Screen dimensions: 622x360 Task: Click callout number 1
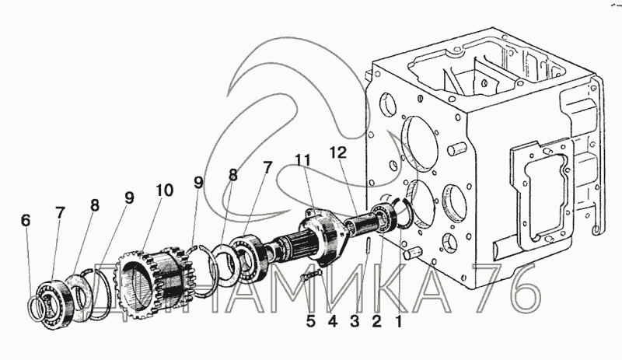399,321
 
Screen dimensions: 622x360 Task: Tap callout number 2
376,321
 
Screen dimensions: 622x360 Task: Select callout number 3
355,321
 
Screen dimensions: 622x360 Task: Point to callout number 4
333,321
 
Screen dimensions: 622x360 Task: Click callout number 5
311,321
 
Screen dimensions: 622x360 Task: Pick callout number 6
26,221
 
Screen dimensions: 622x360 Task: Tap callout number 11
302,160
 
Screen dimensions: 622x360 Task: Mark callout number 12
337,152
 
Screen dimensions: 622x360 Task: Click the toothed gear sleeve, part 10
152,278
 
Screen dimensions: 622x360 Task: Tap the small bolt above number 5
310,274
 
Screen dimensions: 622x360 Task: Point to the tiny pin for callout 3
367,244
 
